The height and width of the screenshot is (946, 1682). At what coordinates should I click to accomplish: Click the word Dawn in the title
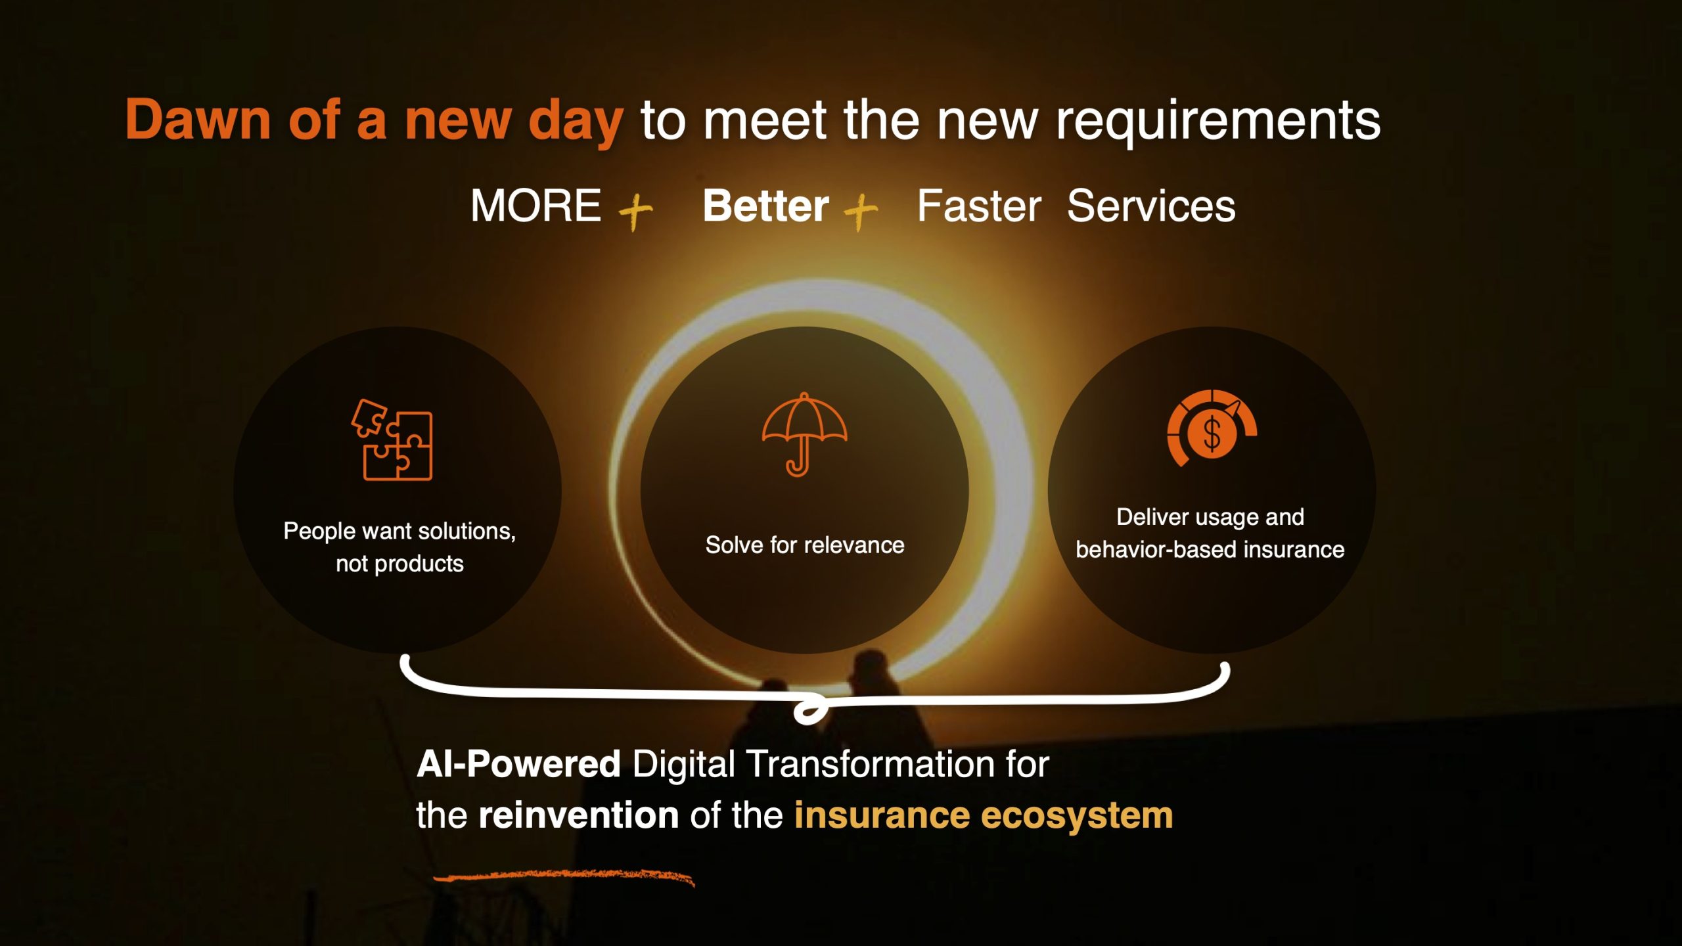pos(198,120)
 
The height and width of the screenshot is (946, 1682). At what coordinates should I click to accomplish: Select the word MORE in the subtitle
pos(535,206)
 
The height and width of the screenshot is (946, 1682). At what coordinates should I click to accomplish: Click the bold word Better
pos(765,206)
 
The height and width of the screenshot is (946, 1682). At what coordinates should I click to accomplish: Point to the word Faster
pos(979,206)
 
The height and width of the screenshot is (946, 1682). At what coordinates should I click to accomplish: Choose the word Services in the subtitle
pos(1151,206)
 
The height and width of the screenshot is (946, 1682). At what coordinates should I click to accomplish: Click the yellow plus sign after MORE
pos(635,211)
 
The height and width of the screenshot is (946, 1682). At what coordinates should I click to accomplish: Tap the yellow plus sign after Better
pos(861,211)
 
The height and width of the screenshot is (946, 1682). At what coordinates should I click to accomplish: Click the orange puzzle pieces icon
pos(392,439)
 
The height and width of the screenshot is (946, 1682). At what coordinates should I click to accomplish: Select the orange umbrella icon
pos(804,434)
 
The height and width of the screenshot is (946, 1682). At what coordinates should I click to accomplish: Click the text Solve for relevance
pos(805,545)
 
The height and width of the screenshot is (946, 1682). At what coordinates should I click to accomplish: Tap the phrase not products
pos(399,564)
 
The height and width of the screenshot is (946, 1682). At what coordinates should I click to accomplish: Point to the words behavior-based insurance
pos(1210,549)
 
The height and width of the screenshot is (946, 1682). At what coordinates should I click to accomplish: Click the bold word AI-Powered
pos(518,764)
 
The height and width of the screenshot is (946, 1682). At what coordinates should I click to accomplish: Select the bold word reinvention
pos(578,815)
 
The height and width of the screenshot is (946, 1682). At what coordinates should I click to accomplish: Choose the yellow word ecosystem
pos(1077,817)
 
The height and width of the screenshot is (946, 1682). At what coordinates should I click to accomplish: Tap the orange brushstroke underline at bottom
pos(564,876)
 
